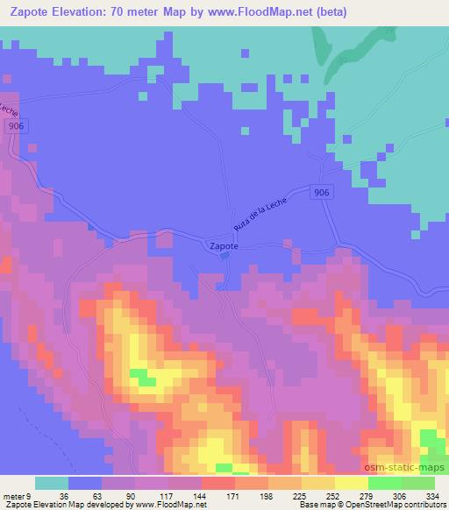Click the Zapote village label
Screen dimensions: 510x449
point(223,246)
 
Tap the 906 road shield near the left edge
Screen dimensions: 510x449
point(15,126)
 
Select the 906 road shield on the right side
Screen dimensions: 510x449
point(323,193)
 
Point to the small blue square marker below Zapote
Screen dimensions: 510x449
point(224,257)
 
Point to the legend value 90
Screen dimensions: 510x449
point(113,495)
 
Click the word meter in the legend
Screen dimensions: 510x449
point(12,495)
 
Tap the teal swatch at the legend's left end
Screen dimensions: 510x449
point(51,483)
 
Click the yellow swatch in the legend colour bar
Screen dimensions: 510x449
point(351,483)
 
